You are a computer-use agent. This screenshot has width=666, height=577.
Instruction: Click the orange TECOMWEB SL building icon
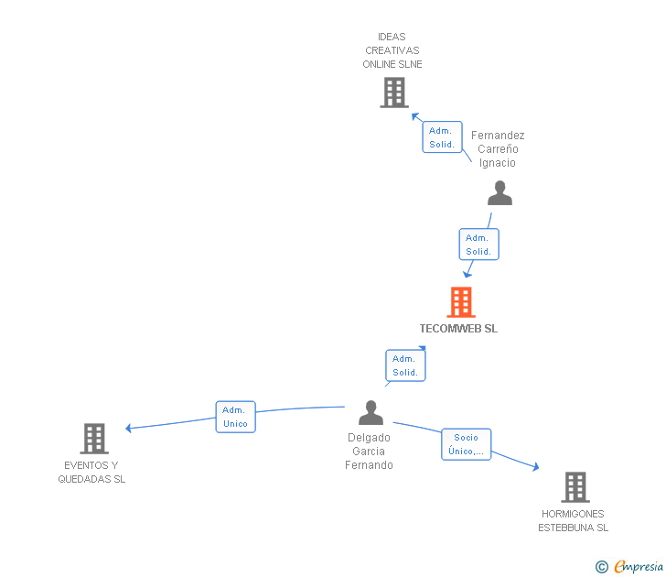point(461,302)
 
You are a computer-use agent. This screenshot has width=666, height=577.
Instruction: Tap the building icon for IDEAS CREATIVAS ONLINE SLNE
point(393,93)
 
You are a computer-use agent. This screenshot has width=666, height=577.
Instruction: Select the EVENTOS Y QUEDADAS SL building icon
point(94,439)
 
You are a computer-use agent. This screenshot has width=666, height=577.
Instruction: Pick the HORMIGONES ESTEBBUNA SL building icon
point(575,487)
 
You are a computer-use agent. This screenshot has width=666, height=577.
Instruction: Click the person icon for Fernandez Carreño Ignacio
point(499,193)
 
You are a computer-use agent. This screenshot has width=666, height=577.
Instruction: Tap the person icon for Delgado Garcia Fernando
point(371,413)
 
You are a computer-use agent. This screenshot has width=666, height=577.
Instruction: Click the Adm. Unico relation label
point(235,417)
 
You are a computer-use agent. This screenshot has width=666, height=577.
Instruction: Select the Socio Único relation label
point(466,444)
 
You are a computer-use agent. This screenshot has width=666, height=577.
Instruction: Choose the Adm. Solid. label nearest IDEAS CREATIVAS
point(442,137)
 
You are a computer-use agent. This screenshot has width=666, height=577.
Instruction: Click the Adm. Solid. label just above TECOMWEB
point(478,245)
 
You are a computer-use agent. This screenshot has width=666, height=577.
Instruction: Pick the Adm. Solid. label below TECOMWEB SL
point(405,365)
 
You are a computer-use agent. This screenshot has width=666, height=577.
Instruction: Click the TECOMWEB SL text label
point(458,328)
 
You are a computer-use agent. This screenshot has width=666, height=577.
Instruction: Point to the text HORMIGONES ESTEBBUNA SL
point(573,520)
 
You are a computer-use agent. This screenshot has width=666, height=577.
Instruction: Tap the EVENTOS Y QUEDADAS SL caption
point(91,472)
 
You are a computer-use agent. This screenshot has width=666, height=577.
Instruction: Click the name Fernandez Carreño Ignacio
point(498,149)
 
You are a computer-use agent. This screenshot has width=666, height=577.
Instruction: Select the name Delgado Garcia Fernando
point(369,452)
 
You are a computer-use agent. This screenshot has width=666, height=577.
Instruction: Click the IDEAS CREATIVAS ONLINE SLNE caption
point(392,51)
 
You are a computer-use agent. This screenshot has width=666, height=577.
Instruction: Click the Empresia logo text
point(639,567)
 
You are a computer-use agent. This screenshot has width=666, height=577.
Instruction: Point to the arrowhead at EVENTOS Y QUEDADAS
point(129,428)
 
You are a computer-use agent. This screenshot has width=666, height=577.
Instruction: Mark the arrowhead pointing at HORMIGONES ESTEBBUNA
point(535,468)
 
